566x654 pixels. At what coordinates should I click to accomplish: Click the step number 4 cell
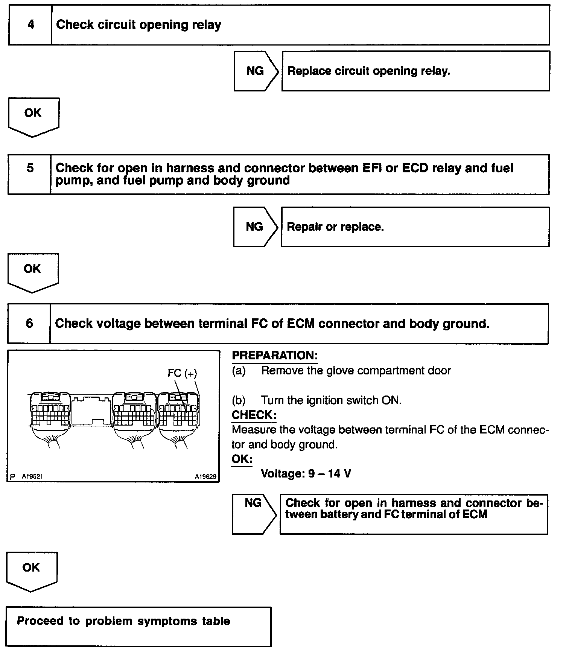(x=30, y=25)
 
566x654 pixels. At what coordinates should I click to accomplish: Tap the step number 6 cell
(x=29, y=324)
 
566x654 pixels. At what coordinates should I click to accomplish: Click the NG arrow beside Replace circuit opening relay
(x=256, y=71)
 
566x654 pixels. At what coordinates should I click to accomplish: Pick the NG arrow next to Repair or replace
(x=255, y=227)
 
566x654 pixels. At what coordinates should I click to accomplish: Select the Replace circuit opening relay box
(x=415, y=71)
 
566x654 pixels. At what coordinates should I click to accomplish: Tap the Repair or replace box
(x=415, y=227)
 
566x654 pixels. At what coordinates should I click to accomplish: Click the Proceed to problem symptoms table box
(x=138, y=626)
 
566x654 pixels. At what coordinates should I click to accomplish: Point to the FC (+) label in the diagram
(x=182, y=373)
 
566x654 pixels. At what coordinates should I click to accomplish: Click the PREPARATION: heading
(x=275, y=356)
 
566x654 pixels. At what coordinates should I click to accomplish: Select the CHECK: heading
(x=254, y=415)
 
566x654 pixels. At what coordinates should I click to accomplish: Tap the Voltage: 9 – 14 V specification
(x=306, y=473)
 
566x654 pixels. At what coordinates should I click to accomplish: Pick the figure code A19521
(x=32, y=476)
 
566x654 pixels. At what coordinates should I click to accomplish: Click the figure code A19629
(x=205, y=476)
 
